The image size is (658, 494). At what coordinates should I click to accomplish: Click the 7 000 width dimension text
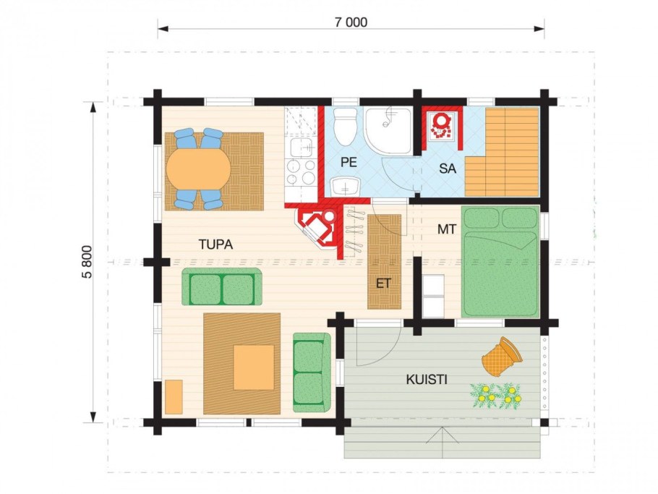[x=351, y=22]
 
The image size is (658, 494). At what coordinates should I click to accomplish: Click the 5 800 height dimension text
[x=87, y=262]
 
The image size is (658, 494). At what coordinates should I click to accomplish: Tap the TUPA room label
[x=215, y=244]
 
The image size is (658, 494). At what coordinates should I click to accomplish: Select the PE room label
[x=349, y=162]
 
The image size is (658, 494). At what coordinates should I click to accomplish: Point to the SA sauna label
[x=448, y=169]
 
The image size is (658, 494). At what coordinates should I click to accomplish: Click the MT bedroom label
[x=447, y=229]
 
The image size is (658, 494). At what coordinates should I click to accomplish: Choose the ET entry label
[x=383, y=284]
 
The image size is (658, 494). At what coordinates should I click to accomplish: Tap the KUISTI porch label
[x=427, y=380]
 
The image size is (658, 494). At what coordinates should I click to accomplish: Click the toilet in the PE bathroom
[x=346, y=126]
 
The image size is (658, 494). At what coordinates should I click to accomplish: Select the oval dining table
[x=199, y=169]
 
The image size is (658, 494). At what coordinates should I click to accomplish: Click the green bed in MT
[x=500, y=262]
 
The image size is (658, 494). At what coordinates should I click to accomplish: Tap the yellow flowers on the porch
[x=497, y=396]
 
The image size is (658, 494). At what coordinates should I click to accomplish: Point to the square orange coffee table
[x=254, y=367]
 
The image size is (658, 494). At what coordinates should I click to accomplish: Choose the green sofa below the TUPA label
[x=222, y=286]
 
